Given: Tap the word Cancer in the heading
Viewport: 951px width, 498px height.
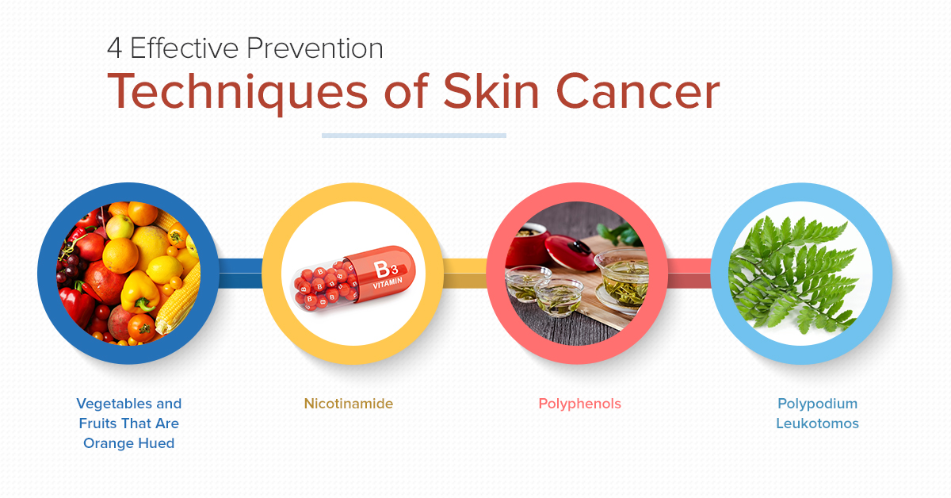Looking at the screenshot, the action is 638,92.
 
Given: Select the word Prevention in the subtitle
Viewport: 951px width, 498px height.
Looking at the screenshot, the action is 315,48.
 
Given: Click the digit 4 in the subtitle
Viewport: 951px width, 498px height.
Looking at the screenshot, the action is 115,48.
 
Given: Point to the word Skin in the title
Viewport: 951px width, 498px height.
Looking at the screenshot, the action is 491,91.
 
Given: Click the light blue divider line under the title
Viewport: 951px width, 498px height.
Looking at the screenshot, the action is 414,136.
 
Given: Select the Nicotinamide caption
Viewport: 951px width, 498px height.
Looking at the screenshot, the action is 349,404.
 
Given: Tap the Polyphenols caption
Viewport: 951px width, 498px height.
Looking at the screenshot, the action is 579,404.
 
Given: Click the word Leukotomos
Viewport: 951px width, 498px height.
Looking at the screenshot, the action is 817,423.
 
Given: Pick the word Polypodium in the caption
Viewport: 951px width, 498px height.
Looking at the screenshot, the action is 817,404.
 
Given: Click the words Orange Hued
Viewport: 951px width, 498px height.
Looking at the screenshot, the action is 128,443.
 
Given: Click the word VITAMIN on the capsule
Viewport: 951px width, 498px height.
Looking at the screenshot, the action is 388,283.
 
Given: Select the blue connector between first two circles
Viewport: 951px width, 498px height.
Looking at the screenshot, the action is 241,274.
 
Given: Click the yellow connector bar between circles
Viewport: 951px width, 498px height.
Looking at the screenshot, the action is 465,274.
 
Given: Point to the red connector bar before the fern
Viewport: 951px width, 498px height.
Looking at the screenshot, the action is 689,274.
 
